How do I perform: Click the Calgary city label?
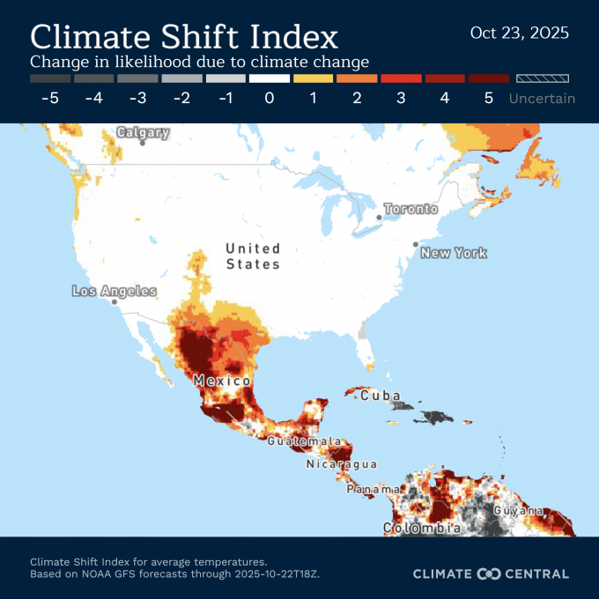143,133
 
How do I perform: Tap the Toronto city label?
410,210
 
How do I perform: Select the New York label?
453,253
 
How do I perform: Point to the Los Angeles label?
115,292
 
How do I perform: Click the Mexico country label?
223,381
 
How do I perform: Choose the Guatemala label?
304,440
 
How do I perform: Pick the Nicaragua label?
341,464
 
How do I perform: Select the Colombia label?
421,529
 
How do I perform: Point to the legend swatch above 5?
489,78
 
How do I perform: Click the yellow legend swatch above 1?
313,78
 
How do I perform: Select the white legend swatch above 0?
269,78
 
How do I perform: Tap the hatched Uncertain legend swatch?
542,78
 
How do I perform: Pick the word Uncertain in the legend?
542,98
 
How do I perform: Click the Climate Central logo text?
491,573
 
